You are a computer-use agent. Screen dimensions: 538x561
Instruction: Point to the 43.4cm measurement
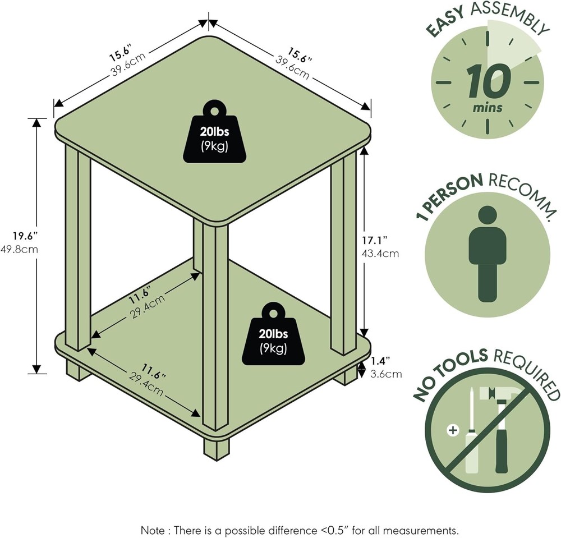coord(380,253)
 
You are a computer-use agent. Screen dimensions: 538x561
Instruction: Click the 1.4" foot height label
coord(380,360)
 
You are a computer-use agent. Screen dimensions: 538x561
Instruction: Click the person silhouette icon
coord(487,253)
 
